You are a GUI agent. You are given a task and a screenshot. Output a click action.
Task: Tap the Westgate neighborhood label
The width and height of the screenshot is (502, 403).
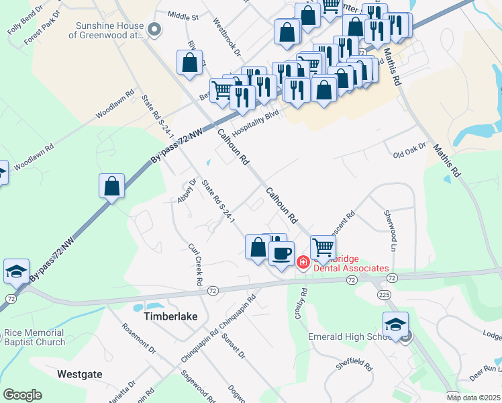(79, 373)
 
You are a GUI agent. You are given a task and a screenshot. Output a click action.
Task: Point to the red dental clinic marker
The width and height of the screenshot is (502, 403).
(303, 261)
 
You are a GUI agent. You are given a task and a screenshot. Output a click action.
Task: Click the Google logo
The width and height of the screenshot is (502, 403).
(22, 395)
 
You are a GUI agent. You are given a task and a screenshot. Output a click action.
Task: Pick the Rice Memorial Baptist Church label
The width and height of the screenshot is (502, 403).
(35, 337)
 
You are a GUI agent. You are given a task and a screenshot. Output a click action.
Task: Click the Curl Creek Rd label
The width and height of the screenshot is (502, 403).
(195, 264)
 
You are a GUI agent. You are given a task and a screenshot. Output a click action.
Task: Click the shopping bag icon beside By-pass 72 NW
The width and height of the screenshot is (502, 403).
(112, 186)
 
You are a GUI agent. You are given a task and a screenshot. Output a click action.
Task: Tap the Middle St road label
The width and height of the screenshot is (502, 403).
(183, 15)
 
